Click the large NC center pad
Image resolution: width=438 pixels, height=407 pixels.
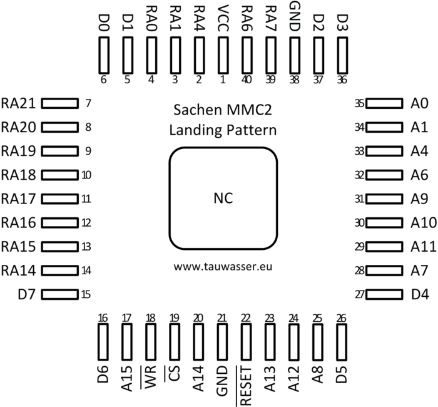tap(223, 198)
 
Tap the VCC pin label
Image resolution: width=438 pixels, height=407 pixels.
tap(223, 17)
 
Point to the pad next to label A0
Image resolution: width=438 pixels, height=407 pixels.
tap(383, 103)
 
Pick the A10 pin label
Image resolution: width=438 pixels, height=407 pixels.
tap(424, 222)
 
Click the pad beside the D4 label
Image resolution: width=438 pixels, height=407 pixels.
tap(383, 294)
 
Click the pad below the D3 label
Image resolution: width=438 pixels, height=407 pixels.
tap(342, 55)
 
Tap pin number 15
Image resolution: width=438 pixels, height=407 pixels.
tap(87, 294)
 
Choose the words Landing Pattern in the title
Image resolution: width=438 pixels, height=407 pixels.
tap(223, 130)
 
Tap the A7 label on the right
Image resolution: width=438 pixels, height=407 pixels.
tap(420, 270)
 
